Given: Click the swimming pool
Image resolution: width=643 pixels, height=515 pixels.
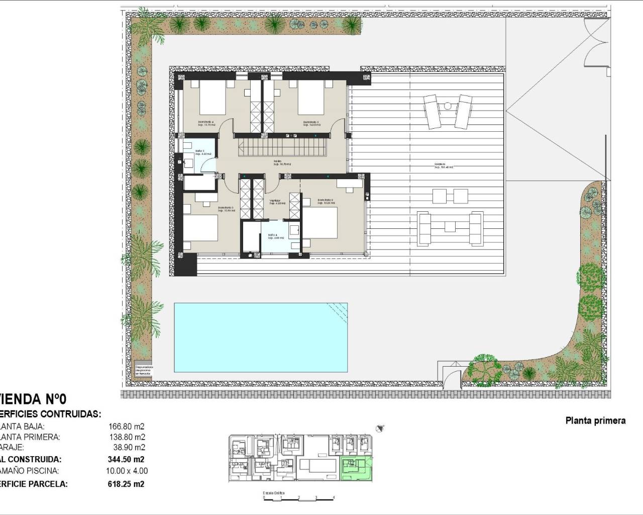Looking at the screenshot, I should (260, 337).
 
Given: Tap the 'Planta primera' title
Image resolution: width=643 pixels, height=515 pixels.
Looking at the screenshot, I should (595, 420).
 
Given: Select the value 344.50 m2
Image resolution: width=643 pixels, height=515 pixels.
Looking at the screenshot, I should (127, 459).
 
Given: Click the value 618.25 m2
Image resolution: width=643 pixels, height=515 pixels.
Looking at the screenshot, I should (127, 484).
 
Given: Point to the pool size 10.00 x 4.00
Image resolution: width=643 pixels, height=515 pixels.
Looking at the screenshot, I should (128, 471).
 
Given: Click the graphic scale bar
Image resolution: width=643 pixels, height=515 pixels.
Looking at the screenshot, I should (292, 498).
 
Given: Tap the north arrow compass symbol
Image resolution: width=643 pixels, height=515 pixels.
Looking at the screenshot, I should (380, 428).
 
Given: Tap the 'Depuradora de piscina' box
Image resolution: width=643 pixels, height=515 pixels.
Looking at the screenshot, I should (144, 371).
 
